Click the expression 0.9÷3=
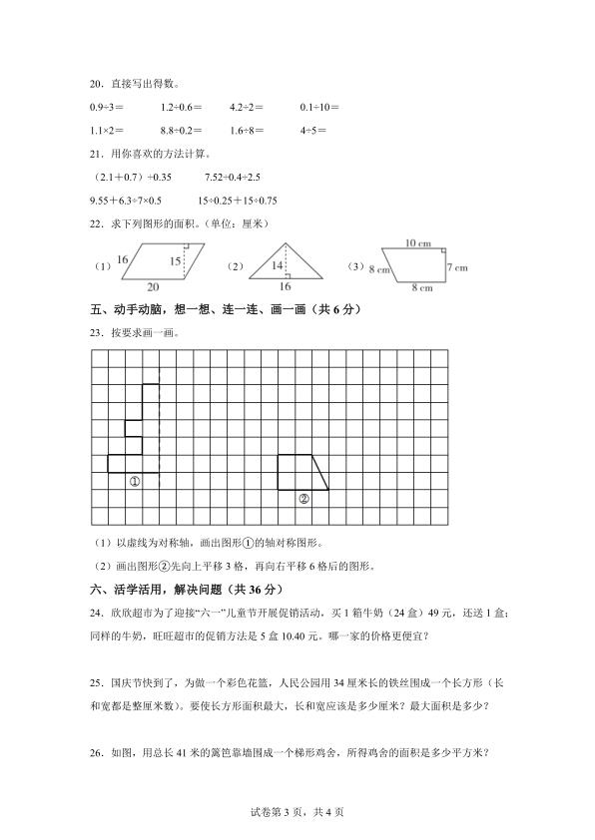tap(108, 106)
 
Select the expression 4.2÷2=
tap(247, 106)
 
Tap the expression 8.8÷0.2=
tap(181, 130)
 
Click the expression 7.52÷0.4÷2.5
tap(232, 177)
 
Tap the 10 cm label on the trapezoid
tap(418, 243)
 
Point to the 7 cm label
tap(457, 267)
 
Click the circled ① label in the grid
tap(135, 481)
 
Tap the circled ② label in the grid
tap(303, 498)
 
